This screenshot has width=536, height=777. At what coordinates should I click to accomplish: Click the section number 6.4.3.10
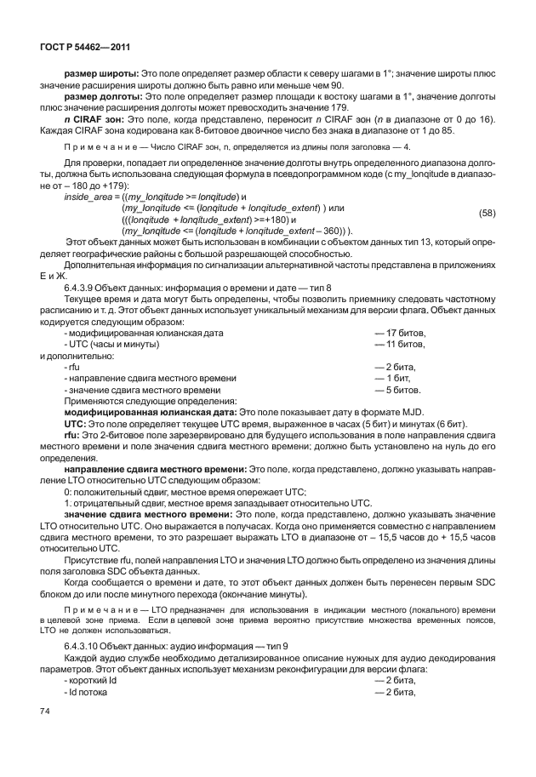[x=86, y=648]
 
